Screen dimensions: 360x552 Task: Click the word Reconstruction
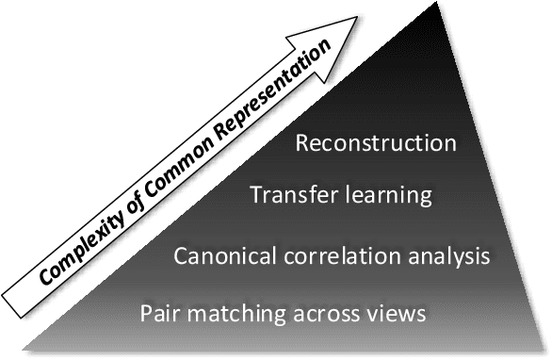tap(376, 144)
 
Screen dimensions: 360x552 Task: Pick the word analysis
tap(455, 255)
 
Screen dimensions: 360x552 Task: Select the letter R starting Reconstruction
tap(302, 144)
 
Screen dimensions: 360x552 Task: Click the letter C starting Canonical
tap(183, 254)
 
